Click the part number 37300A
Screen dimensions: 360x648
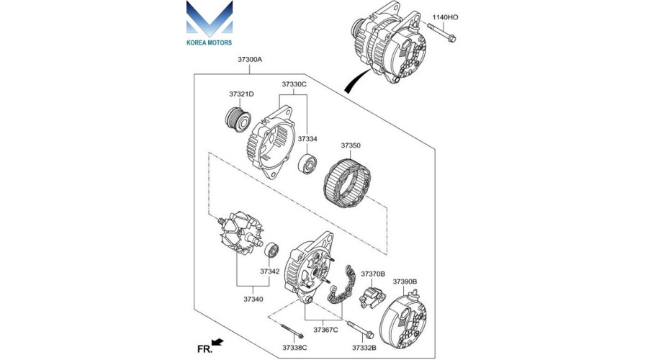(250, 60)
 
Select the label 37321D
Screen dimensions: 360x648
(242, 94)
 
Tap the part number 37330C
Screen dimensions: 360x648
(294, 84)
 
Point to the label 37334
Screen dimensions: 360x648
(307, 138)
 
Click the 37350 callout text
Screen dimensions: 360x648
(351, 145)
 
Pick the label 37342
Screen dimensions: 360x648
(270, 271)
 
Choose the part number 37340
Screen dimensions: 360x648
(253, 298)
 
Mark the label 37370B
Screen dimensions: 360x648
(373, 274)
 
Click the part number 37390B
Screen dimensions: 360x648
(405, 282)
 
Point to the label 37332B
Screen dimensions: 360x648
(363, 348)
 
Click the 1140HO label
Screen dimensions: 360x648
(445, 17)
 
